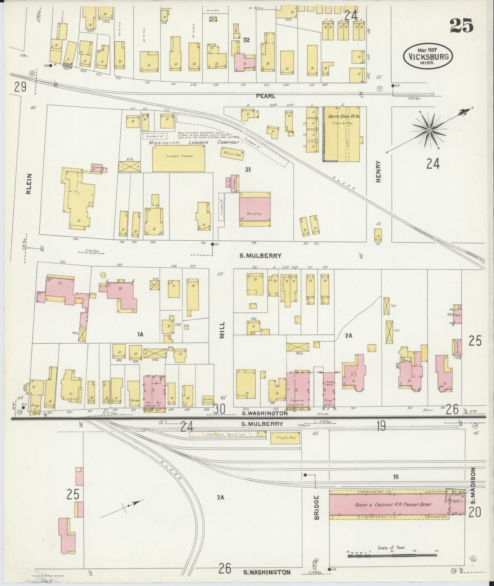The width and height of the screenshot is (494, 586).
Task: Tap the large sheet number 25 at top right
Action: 462,25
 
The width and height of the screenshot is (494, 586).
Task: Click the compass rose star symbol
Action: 429,130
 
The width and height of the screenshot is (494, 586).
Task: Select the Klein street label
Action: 29,184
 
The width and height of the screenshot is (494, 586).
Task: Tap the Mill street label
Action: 222,330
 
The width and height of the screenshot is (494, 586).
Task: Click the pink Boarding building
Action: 255,209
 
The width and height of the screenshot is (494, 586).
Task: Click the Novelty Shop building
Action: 232,154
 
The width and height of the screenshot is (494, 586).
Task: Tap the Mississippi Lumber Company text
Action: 193,142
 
